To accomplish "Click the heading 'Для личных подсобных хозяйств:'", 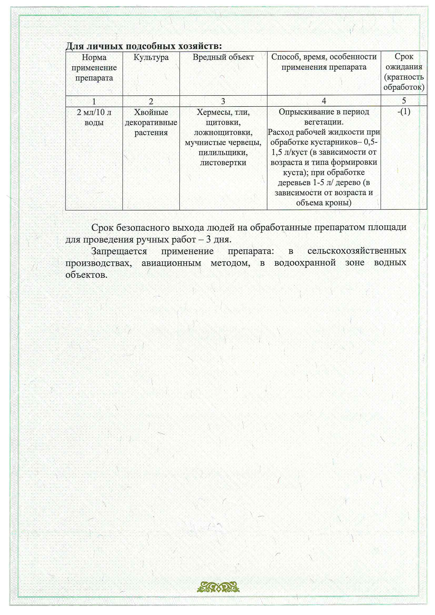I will [144, 46].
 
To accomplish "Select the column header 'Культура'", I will [151, 57].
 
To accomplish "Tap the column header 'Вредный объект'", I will [223, 57].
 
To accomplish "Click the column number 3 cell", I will [223, 101].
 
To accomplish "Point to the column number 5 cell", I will [404, 101].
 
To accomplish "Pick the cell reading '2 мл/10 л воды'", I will [94, 117].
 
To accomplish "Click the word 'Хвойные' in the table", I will [151, 112].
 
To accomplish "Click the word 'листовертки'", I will [223, 163].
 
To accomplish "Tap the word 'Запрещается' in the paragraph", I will [119, 251].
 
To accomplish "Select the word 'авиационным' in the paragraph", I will [171, 263].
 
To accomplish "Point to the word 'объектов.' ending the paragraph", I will [86, 275].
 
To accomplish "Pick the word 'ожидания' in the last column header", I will [404, 67].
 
